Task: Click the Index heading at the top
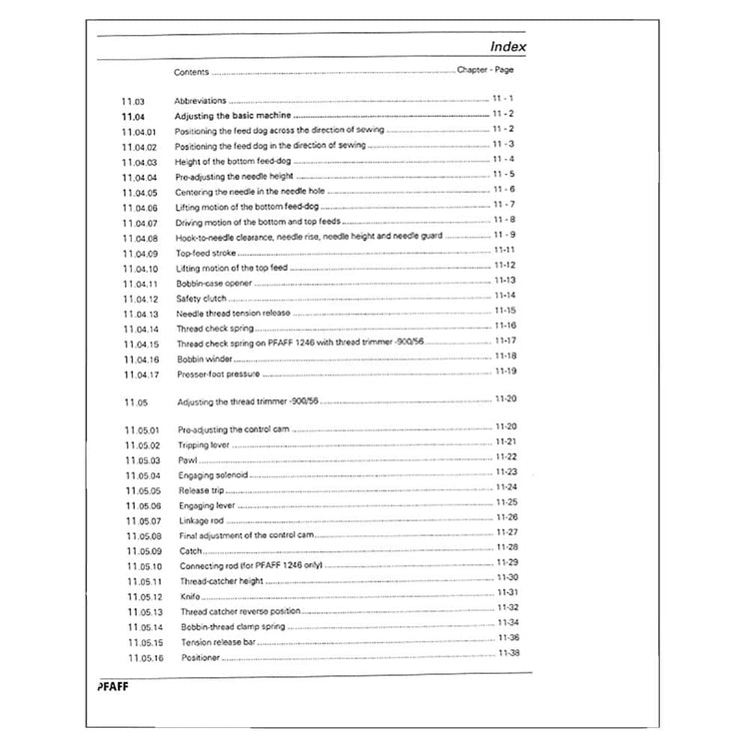(507, 46)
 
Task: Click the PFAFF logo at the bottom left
(113, 687)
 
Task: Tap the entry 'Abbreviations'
(201, 101)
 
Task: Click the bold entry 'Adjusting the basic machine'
(233, 116)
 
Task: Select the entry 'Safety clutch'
(200, 298)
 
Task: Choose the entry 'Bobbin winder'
(204, 358)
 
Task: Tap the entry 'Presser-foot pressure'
(218, 374)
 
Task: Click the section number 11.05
(136, 401)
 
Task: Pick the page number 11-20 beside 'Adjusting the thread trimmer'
(505, 399)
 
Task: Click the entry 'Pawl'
(187, 460)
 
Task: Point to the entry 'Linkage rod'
(203, 520)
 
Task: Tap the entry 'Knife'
(190, 596)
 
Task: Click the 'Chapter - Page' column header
(485, 70)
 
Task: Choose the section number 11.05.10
(144, 566)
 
